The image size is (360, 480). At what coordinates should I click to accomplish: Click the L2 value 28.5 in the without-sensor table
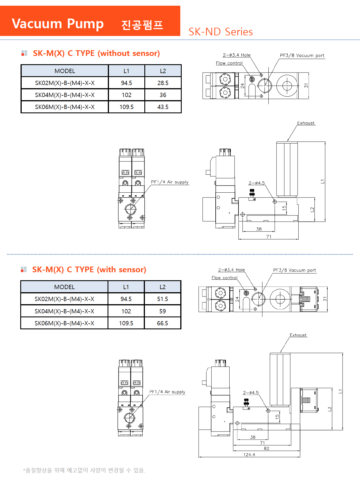[x=163, y=83]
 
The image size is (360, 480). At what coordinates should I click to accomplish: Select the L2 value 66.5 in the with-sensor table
[x=163, y=323]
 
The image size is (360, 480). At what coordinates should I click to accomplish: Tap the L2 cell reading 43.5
[x=163, y=107]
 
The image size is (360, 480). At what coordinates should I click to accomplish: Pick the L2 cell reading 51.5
[x=163, y=299]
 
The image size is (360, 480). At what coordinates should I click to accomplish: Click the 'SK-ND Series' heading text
[x=221, y=32]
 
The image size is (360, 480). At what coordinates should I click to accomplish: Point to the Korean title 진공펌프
[x=142, y=25]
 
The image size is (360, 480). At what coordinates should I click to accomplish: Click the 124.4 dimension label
[x=249, y=455]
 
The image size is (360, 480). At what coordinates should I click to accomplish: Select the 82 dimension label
[x=266, y=448]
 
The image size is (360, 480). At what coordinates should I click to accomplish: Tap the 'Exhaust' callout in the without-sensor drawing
[x=306, y=123]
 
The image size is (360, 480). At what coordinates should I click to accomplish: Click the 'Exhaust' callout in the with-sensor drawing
[x=298, y=335]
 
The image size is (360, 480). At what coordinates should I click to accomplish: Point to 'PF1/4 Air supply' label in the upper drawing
[x=170, y=182]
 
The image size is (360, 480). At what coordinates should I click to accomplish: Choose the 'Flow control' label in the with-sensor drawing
[x=225, y=278]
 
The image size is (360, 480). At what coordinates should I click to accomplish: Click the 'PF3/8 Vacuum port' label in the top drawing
[x=302, y=55]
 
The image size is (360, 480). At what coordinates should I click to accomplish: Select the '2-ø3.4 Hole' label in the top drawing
[x=236, y=55]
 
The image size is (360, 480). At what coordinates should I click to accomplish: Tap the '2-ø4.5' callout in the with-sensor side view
[x=251, y=393]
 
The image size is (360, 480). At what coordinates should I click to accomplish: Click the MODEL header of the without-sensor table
[x=65, y=71]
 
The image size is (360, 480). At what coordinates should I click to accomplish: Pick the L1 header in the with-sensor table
[x=126, y=287]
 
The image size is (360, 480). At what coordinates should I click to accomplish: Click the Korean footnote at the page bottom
[x=84, y=470]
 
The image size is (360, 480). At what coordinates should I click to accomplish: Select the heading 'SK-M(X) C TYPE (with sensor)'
[x=89, y=270]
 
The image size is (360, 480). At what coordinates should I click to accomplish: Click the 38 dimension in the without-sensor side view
[x=259, y=229]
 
